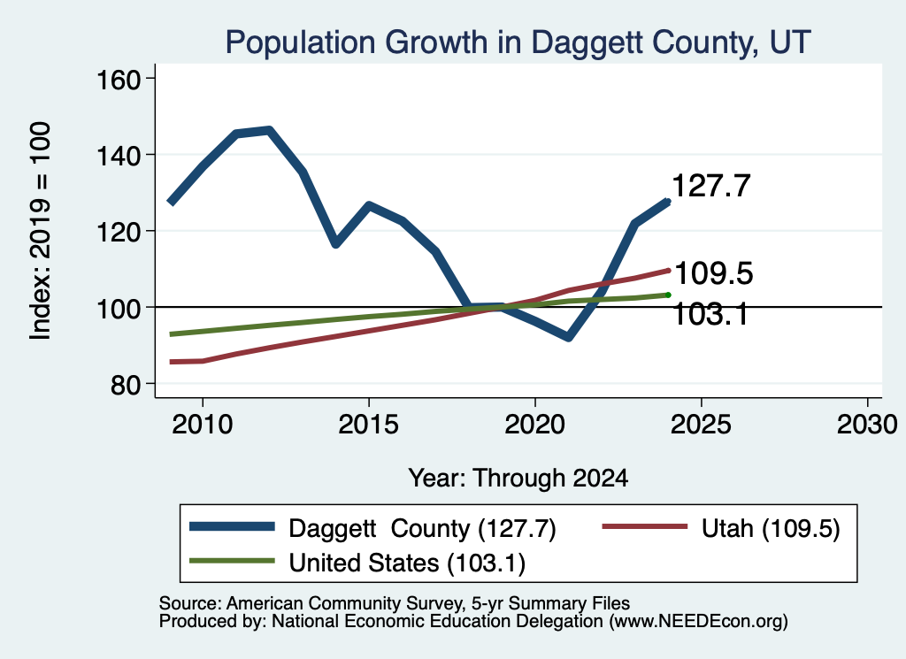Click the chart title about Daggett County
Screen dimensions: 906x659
tap(518, 42)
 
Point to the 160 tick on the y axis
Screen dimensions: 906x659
tap(119, 80)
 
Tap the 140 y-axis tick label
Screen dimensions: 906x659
tap(119, 156)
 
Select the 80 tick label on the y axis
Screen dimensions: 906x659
tap(126, 385)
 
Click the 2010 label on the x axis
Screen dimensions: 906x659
tap(203, 425)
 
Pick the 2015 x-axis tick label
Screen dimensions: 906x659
tap(369, 425)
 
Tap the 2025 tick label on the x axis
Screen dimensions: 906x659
tap(701, 425)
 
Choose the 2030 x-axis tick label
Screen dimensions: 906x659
tap(867, 425)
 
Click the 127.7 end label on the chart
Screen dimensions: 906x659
tap(711, 186)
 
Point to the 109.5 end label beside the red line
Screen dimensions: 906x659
tap(714, 273)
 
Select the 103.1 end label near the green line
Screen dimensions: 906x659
tap(711, 315)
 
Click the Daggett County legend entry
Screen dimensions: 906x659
tap(373, 528)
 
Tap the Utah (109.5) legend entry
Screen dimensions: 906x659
tap(721, 528)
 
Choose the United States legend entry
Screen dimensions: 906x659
tap(357, 563)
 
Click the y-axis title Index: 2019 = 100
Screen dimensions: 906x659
tap(41, 231)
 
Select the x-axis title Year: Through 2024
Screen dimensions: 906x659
tap(518, 479)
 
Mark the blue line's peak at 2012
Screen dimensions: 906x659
tap(269, 130)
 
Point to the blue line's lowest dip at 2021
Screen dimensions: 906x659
tap(569, 337)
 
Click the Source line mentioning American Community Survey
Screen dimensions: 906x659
tap(395, 603)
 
